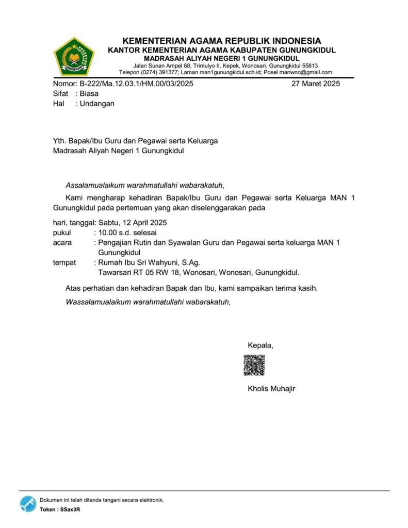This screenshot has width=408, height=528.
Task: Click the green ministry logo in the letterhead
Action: point(74,57)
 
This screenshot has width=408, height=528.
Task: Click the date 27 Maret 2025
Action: point(315,84)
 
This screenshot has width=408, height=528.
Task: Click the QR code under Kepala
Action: point(254,365)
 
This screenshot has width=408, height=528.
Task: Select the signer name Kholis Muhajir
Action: point(271,388)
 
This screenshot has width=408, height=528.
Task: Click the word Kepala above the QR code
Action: point(260,345)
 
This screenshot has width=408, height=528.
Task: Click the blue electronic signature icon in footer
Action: point(28,504)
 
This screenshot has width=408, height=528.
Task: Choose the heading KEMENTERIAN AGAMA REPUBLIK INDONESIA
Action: point(222,41)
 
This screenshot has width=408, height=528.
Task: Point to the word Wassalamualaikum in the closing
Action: point(98,302)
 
